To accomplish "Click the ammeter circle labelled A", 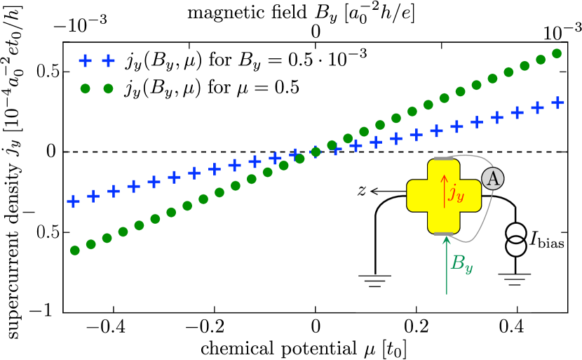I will click(x=492, y=178).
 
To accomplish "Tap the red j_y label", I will click(x=456, y=192).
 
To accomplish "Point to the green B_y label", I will click(x=461, y=263).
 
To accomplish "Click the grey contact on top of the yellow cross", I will click(x=443, y=159).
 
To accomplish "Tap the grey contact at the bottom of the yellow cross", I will click(x=443, y=234).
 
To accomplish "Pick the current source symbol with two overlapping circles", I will click(x=516, y=239).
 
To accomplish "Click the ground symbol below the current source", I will click(x=515, y=279).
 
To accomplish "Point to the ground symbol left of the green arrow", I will click(x=374, y=281).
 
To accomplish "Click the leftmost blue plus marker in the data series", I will click(x=73, y=201).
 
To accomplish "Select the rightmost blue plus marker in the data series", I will click(x=557, y=102).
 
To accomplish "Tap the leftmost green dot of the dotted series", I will click(x=75, y=250).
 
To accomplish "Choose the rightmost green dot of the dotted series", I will click(x=557, y=53).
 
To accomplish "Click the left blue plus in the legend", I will click(x=85, y=60).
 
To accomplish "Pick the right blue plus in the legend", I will click(x=108, y=60).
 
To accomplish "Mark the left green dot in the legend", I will click(x=85, y=88).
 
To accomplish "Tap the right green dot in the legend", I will click(x=108, y=88).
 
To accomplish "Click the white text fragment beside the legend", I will click(x=197, y=74).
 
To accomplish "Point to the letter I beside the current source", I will click(x=534, y=239).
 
